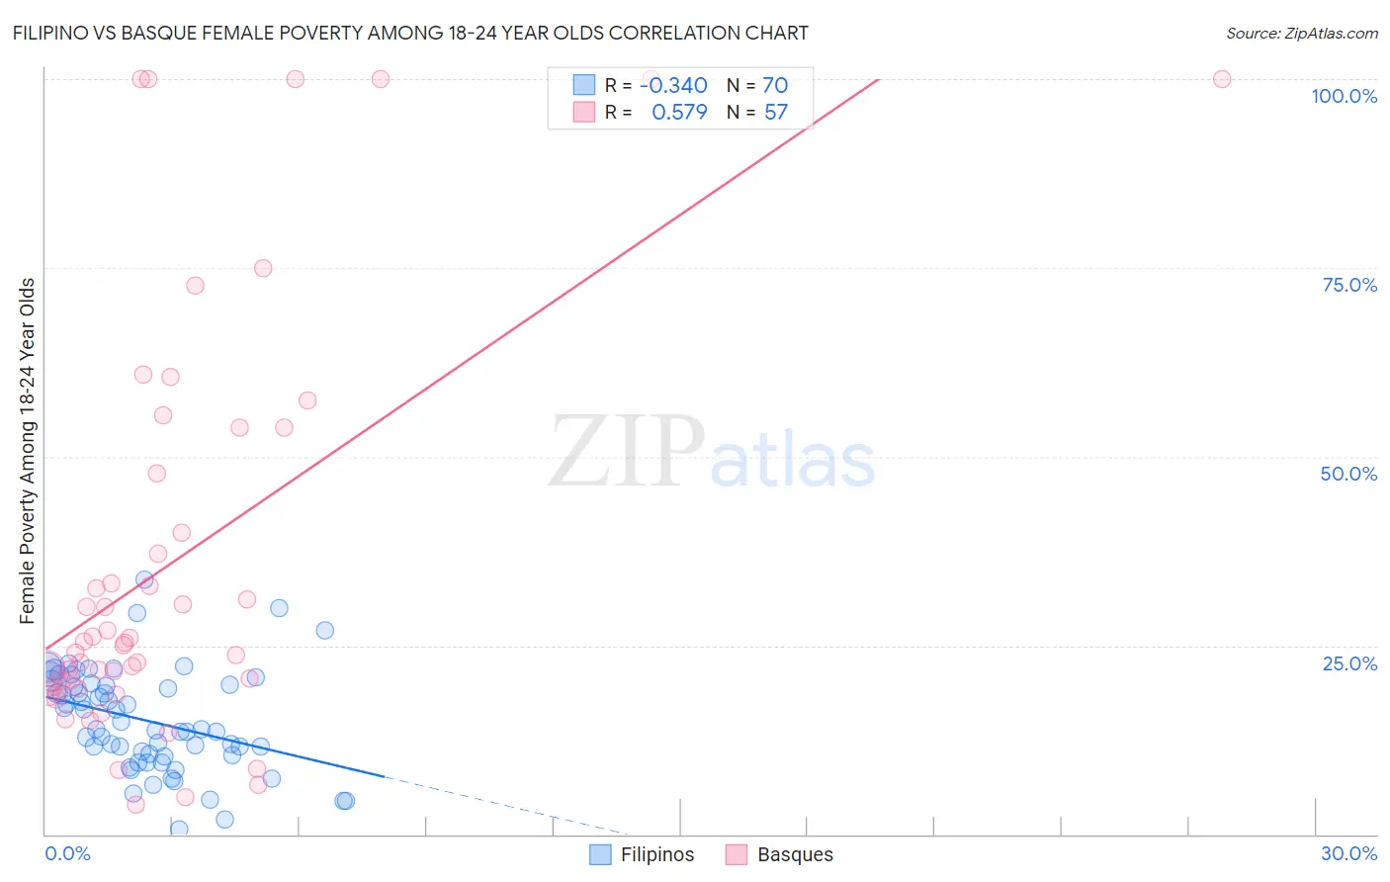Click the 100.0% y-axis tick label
pyautogui.click(x=1344, y=96)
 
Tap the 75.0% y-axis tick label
pyautogui.click(x=1349, y=285)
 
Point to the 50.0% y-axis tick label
pyautogui.click(x=1348, y=474)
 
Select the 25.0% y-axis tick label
pyautogui.click(x=1349, y=663)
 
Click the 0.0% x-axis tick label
pyautogui.click(x=67, y=853)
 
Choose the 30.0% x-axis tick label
pyautogui.click(x=1348, y=853)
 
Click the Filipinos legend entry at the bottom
pyautogui.click(x=642, y=854)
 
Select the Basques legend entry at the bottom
pyautogui.click(x=779, y=854)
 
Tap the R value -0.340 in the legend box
pyautogui.click(x=673, y=85)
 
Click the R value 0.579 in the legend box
pyautogui.click(x=679, y=113)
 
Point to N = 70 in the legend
pyautogui.click(x=757, y=85)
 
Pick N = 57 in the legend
pyautogui.click(x=757, y=113)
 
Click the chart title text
pyautogui.click(x=409, y=33)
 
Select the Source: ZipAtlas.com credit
pyautogui.click(x=1301, y=33)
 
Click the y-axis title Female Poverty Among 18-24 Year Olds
pyautogui.click(x=28, y=451)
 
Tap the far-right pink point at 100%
pyautogui.click(x=1222, y=79)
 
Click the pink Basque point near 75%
pyautogui.click(x=263, y=268)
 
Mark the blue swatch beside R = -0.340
pyautogui.click(x=584, y=85)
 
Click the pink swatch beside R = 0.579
pyautogui.click(x=584, y=113)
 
